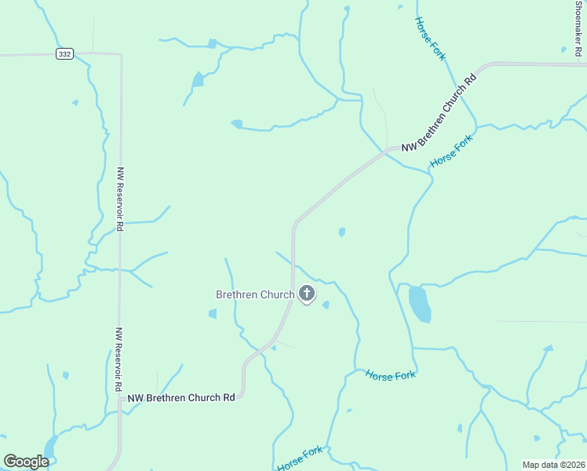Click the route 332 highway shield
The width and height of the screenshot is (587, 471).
point(64,53)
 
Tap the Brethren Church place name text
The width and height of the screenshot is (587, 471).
point(255,294)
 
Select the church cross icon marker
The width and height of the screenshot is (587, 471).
point(306,294)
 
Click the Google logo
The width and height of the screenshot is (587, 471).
point(26,462)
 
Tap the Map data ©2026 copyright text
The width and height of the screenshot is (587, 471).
point(552,465)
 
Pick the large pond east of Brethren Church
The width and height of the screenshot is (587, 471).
point(419,305)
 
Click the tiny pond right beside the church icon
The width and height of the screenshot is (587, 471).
point(326,305)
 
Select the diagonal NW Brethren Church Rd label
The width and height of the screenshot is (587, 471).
point(439,113)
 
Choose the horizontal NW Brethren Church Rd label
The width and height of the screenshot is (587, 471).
point(181,398)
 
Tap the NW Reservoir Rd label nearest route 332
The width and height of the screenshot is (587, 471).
point(120,198)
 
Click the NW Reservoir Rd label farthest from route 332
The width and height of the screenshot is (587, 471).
point(117,360)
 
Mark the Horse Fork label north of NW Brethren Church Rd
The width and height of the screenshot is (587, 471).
point(430,39)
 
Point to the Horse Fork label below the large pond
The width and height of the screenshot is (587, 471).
point(390,375)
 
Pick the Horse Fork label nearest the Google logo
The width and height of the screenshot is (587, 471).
point(300,458)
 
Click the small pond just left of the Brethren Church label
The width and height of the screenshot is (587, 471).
point(212,314)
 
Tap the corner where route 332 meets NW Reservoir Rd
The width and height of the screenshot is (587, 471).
point(120,55)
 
